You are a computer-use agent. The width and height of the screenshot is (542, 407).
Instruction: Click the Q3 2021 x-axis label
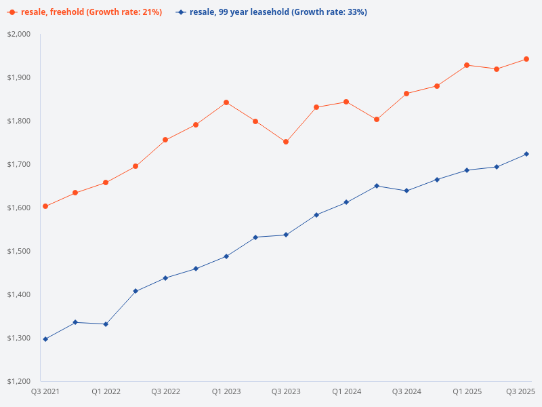point(45,391)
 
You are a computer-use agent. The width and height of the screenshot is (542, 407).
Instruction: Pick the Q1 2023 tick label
point(226,391)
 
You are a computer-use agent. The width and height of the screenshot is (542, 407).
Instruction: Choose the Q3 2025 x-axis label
point(521,391)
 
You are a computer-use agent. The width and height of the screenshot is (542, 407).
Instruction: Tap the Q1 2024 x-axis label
point(346,391)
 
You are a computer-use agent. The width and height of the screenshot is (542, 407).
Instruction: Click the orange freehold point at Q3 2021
point(45,206)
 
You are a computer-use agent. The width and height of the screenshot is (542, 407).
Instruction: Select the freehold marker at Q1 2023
point(226,102)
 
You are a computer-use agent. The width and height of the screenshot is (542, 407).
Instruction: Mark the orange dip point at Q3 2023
point(286,142)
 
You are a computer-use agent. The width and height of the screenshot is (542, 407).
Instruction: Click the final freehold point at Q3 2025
point(526,59)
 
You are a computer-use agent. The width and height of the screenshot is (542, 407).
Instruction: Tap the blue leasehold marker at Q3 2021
point(45,339)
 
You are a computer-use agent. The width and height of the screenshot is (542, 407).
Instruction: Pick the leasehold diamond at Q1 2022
point(106,324)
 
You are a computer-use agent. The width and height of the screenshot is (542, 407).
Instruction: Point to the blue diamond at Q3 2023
point(286,235)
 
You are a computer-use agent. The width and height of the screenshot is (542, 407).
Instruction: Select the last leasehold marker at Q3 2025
point(526,154)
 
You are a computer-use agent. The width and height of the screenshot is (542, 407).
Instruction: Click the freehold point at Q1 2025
point(467,65)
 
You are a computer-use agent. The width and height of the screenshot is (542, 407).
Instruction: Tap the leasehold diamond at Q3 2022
point(165,278)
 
